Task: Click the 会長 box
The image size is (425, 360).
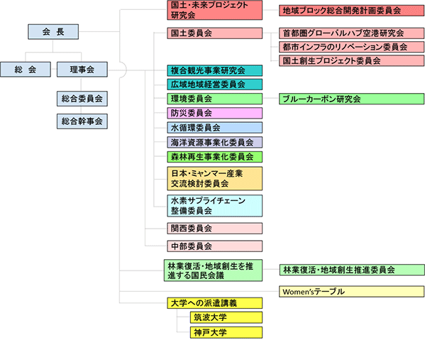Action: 53,32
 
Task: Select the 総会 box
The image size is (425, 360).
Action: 26,70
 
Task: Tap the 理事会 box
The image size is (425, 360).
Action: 82,70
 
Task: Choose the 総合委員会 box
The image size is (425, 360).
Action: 82,99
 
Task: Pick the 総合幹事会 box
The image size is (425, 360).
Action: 82,121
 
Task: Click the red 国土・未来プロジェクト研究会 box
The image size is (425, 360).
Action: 215,10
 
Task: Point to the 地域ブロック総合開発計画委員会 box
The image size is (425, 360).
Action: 351,11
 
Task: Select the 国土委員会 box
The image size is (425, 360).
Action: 215,33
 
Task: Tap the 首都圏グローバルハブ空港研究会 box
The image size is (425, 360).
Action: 351,33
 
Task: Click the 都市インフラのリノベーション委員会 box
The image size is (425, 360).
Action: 351,47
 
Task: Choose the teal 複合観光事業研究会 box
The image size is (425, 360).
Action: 215,70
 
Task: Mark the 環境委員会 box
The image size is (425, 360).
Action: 215,99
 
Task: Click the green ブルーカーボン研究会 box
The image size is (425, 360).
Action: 351,99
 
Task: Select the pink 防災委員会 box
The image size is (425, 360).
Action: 215,113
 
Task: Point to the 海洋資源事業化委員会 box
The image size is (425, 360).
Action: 215,142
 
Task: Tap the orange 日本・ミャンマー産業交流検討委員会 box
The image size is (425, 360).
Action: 215,178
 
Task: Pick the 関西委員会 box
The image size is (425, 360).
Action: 215,229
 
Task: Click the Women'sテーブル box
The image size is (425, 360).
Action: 351,291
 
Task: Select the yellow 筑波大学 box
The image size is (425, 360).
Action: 226,317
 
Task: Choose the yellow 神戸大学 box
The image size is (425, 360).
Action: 226,332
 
